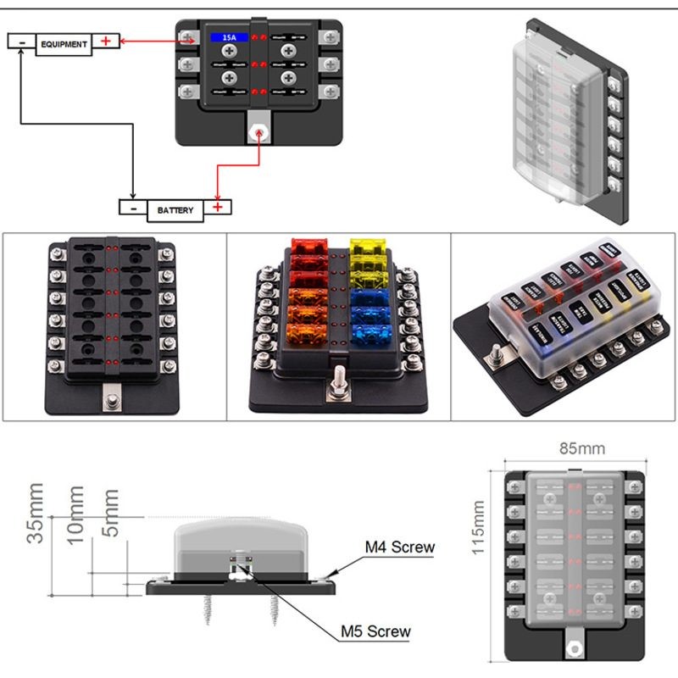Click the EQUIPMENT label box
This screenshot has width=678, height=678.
click(64, 44)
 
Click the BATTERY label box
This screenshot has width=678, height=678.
click(175, 209)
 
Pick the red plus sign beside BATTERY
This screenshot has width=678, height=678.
click(218, 207)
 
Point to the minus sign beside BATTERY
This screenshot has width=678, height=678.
click(132, 207)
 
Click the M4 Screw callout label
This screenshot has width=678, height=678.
click(399, 547)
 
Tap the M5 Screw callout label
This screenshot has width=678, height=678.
click(375, 631)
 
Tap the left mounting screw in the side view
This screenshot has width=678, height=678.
click(208, 610)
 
